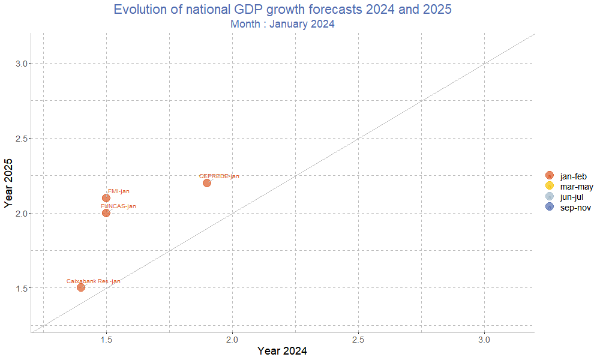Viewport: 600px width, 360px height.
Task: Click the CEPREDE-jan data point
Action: (x=207, y=182)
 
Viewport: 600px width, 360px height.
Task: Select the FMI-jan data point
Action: (x=106, y=198)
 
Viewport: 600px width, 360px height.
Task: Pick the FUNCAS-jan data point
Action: (x=106, y=213)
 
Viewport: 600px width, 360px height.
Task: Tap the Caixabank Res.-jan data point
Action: (x=81, y=287)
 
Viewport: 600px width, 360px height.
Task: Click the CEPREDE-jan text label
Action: (x=219, y=176)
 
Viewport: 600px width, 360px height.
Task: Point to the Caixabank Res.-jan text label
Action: (x=93, y=281)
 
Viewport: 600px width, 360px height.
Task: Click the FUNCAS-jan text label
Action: (x=118, y=206)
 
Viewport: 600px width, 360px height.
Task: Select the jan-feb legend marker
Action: (x=550, y=175)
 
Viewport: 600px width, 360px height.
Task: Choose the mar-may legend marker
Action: (x=550, y=186)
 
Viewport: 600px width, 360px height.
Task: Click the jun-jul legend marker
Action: (x=550, y=197)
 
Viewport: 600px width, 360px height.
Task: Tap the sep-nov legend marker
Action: (x=550, y=207)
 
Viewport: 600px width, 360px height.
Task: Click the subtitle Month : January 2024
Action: (x=282, y=24)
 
